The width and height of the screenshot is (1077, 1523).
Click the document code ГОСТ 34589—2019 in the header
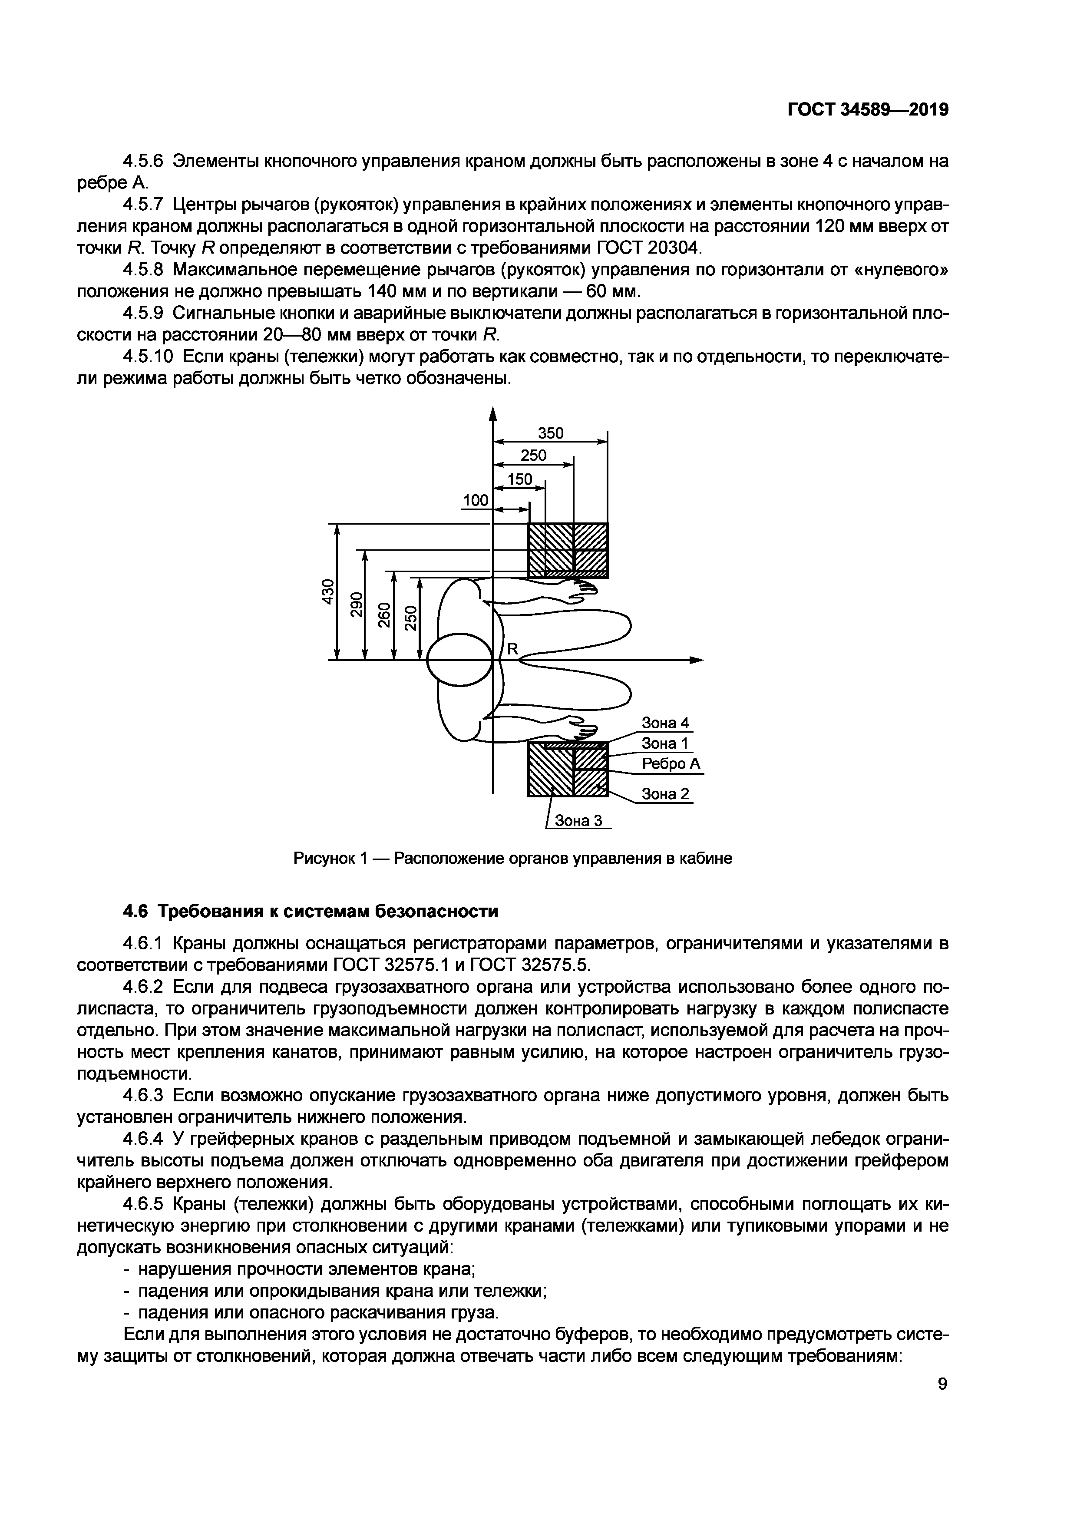[x=867, y=110]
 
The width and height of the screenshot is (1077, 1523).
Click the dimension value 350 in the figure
[x=550, y=433]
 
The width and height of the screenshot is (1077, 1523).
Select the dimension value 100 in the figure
[x=475, y=500]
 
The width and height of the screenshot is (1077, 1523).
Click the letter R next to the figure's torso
[x=512, y=649]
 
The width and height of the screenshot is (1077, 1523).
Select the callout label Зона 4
[x=665, y=722]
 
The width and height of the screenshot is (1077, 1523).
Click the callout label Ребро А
[x=671, y=764]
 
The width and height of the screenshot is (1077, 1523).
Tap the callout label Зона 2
[x=665, y=793]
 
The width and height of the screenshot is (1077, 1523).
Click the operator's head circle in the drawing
[x=459, y=659]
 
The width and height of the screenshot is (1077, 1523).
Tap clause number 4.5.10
[x=148, y=357]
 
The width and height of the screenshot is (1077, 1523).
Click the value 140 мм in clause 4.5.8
[x=395, y=292]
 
